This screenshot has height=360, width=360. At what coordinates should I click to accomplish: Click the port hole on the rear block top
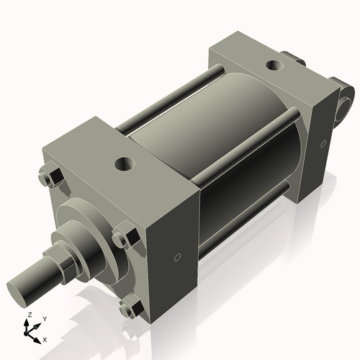(x=274, y=66)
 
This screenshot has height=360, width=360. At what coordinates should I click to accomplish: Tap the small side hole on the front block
(x=176, y=256)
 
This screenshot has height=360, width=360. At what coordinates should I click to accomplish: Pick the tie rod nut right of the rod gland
(x=123, y=237)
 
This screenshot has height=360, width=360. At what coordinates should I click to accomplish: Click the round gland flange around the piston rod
(x=86, y=223)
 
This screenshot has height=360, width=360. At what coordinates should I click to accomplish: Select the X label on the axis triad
(x=45, y=338)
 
